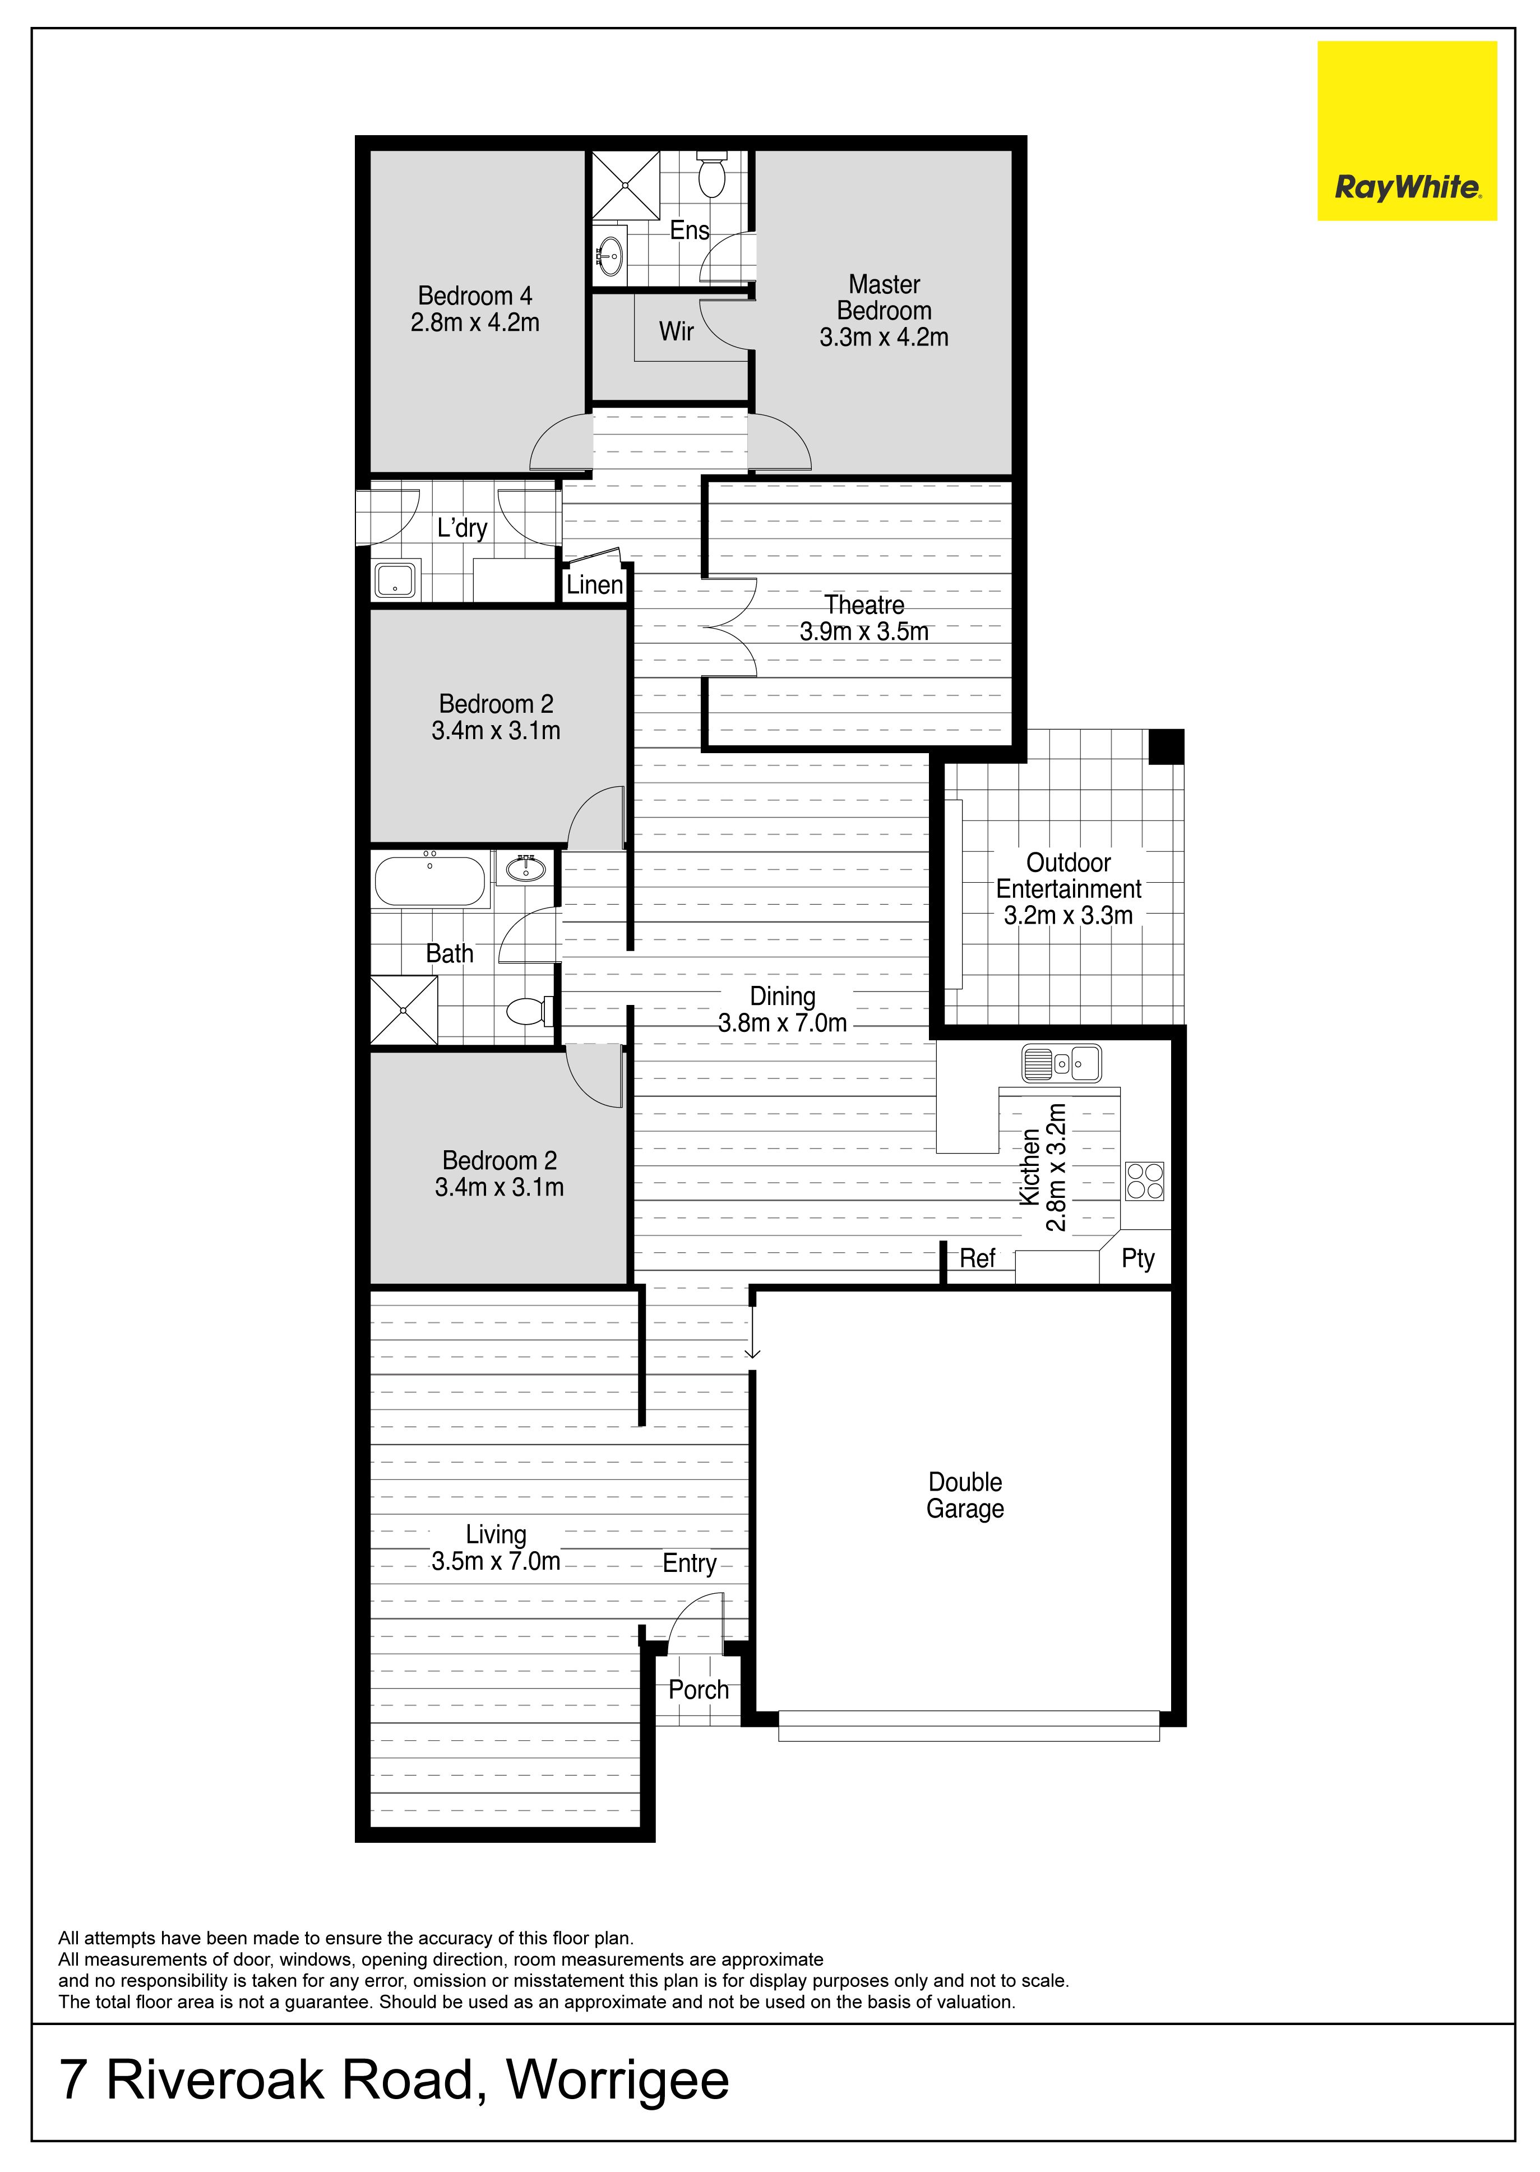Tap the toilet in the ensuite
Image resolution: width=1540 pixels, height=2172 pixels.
pyautogui.click(x=710, y=174)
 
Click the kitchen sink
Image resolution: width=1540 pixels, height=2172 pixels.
pyautogui.click(x=1061, y=1063)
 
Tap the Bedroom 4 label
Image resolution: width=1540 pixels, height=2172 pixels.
pyautogui.click(x=475, y=309)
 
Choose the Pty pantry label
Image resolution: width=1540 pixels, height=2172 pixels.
pyautogui.click(x=1138, y=1258)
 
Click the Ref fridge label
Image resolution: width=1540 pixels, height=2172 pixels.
pyautogui.click(x=978, y=1258)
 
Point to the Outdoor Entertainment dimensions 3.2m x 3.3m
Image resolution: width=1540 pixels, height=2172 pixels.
pyautogui.click(x=1069, y=915)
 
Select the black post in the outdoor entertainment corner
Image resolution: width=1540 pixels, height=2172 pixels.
pyautogui.click(x=1167, y=746)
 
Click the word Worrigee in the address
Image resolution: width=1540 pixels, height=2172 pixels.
pyautogui.click(x=618, y=2081)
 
